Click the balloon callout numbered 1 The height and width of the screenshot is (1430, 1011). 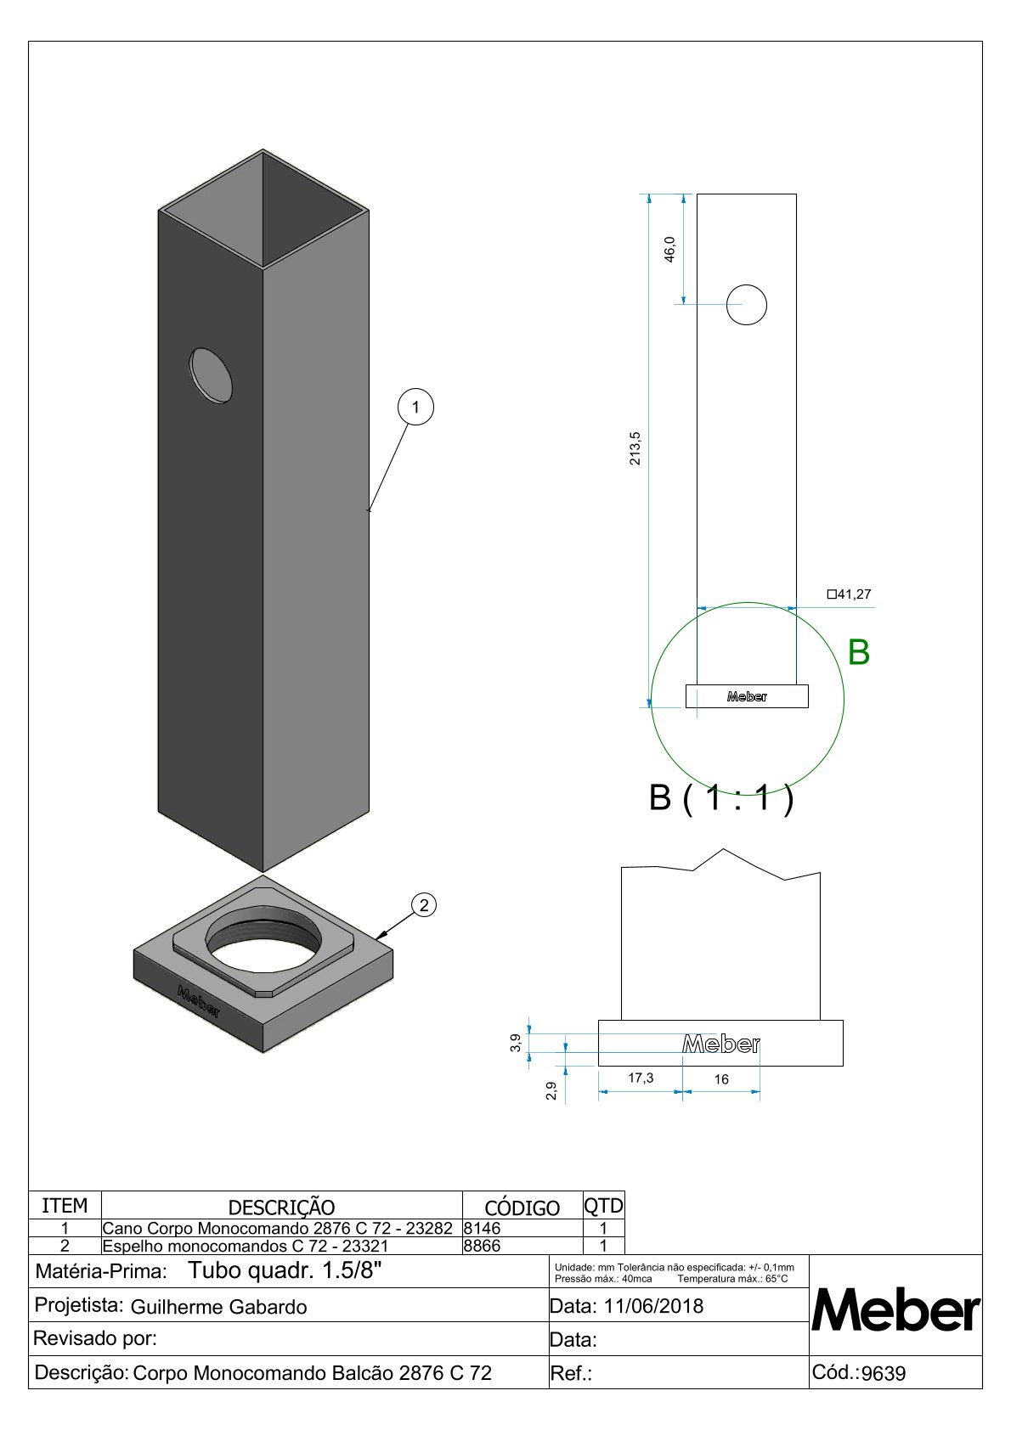(415, 407)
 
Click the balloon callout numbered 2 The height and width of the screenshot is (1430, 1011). (424, 904)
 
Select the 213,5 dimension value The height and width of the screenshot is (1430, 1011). (635, 448)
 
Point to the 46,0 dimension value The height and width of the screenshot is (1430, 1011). (669, 249)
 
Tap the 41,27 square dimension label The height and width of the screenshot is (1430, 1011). (849, 594)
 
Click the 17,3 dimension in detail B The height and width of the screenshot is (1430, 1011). (640, 1078)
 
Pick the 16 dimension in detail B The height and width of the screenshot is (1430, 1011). (721, 1079)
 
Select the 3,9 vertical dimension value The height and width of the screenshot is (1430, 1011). (516, 1042)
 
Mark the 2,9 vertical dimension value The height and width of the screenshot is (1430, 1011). (551, 1090)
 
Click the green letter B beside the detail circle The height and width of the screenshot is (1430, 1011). (858, 652)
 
